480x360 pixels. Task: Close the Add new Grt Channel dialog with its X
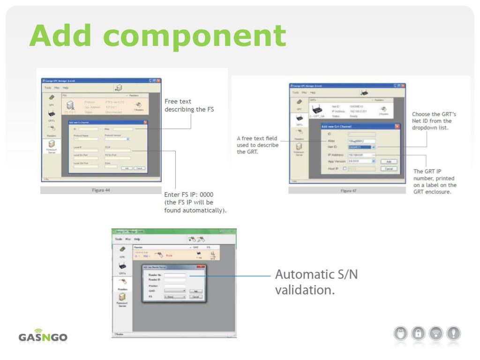398,127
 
